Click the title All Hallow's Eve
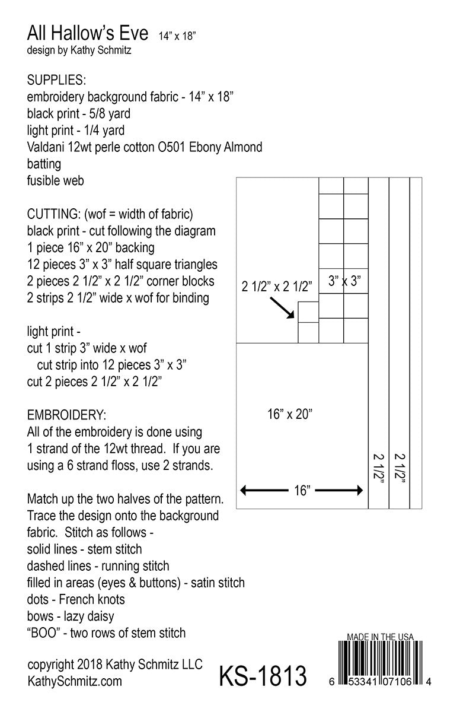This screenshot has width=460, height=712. (x=88, y=33)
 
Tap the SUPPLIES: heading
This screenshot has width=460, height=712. (x=56, y=80)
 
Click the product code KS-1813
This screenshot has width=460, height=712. (x=263, y=675)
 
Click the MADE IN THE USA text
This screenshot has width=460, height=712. (x=379, y=637)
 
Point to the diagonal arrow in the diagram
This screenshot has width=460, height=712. (x=282, y=307)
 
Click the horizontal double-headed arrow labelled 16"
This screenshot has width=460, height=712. (x=302, y=491)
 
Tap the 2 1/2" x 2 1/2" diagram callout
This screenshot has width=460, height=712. (x=276, y=287)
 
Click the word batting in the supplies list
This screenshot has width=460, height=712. (x=44, y=163)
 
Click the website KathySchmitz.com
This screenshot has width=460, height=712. (x=75, y=681)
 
